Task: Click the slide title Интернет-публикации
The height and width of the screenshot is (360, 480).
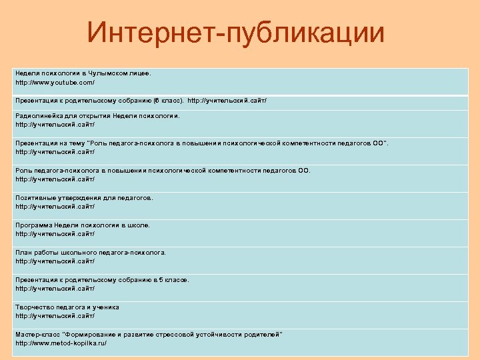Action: coord(236,33)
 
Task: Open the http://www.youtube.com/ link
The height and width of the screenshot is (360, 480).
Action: coord(55,82)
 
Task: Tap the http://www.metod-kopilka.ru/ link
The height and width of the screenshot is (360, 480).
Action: coord(61,343)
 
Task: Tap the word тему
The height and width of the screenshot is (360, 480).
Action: coord(85,143)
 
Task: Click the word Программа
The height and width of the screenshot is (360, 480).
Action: coord(33,225)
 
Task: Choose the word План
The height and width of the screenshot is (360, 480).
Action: coord(22,253)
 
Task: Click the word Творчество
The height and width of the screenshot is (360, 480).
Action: coord(33,307)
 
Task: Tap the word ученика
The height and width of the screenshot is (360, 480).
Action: coord(106,307)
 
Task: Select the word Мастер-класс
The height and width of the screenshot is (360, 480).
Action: coord(35,333)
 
